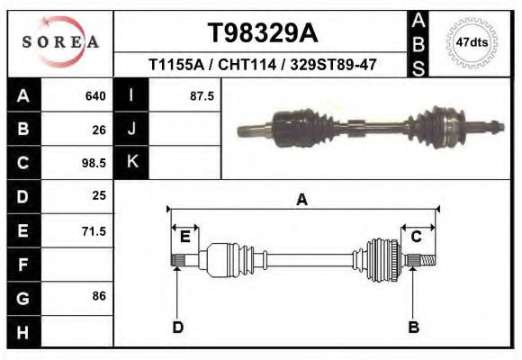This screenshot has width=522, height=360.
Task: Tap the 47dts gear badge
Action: [x=472, y=42]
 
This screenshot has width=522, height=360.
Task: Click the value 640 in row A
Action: [x=95, y=95]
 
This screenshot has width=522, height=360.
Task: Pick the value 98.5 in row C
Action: [x=94, y=164]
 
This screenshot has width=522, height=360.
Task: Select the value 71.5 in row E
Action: [x=94, y=231]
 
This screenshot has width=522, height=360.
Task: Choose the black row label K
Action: [x=131, y=163]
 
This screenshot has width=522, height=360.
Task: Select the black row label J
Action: [x=131, y=129]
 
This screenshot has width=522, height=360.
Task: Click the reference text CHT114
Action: [x=265, y=65]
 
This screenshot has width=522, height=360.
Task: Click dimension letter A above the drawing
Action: [x=302, y=200]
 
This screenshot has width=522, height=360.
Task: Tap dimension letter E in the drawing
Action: [x=185, y=237]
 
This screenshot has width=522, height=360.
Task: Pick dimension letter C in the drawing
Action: [x=417, y=237]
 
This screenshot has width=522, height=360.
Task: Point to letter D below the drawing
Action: [x=178, y=327]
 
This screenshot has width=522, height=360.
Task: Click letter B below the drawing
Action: [x=414, y=327]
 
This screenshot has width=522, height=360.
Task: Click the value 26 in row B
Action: [x=99, y=130]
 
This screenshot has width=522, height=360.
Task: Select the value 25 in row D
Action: [x=99, y=195]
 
